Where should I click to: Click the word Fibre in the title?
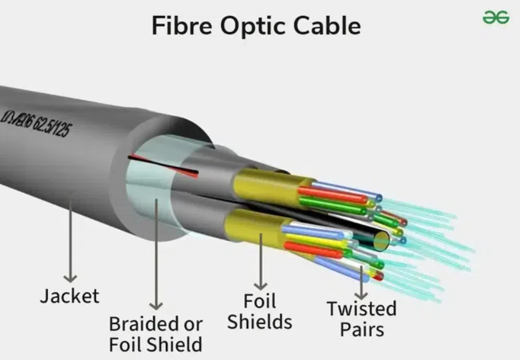click(x=181, y=26)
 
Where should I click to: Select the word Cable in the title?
click(x=327, y=26)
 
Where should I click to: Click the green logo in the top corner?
click(x=496, y=18)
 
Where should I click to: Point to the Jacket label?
click(x=70, y=296)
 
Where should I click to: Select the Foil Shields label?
click(x=260, y=311)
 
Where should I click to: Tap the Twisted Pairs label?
click(x=362, y=318)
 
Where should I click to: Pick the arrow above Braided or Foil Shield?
click(x=156, y=256)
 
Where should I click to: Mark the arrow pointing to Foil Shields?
click(x=260, y=259)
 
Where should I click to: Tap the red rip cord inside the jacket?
click(x=163, y=165)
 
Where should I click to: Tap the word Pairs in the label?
click(x=362, y=329)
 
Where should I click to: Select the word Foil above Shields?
click(x=260, y=300)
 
